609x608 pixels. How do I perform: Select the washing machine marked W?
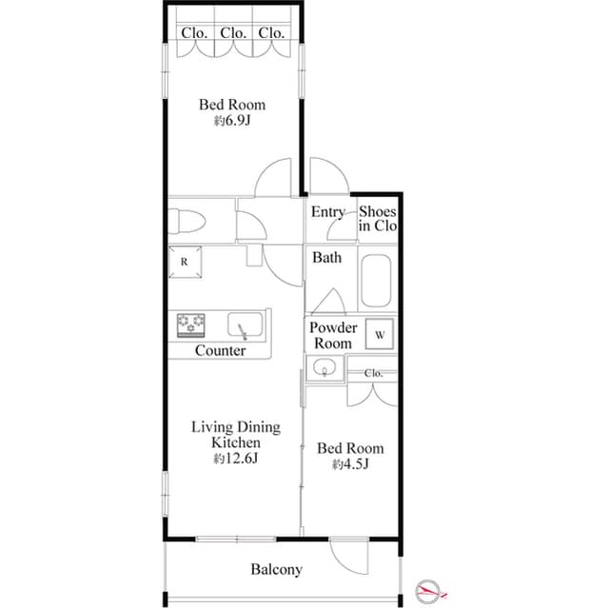[380, 335]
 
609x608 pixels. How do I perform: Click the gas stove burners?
[191, 325]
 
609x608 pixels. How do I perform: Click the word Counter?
[221, 351]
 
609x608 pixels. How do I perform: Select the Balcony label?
[277, 570]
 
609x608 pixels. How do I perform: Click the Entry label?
[328, 211]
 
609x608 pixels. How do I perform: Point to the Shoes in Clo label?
[378, 219]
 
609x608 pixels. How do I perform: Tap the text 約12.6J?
[236, 459]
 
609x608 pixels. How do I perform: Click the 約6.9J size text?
[231, 122]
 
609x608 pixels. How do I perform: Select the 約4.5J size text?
[350, 464]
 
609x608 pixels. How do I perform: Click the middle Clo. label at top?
[233, 32]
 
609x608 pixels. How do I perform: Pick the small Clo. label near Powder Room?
[374, 373]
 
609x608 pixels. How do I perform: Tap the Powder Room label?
[334, 335]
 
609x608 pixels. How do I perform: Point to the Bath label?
[327, 257]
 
